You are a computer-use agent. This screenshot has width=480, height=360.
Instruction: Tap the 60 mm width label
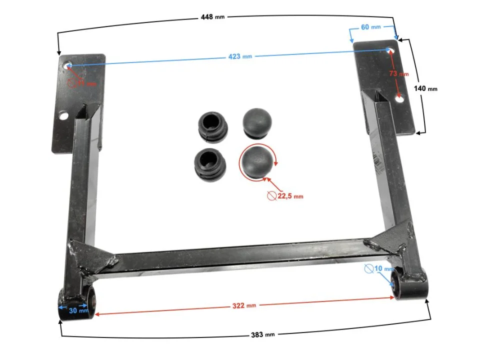(x=370, y=26)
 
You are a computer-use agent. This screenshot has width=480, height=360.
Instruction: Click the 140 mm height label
(x=425, y=88)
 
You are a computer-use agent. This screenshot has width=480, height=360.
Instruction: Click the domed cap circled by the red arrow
(x=257, y=161)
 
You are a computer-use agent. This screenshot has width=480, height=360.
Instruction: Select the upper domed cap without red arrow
(x=257, y=121)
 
